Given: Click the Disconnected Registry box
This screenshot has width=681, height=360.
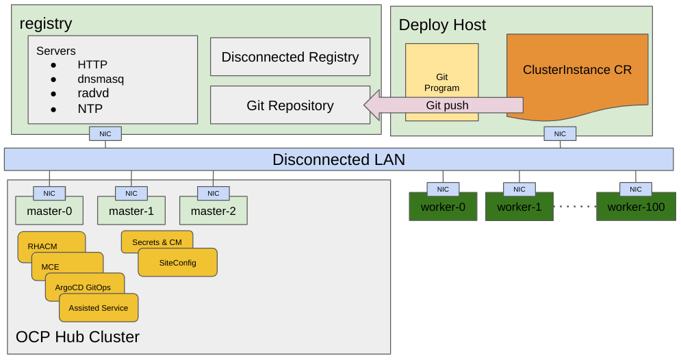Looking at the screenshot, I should click(290, 57).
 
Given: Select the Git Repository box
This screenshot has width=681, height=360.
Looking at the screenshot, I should click(290, 105).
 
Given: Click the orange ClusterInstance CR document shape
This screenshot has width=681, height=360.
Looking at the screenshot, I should click(577, 70).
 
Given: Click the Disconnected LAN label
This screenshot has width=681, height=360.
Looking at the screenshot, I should click(339, 159).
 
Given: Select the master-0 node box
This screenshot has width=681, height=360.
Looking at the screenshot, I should click(49, 211).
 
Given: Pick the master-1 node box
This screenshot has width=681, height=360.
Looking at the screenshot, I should click(131, 211).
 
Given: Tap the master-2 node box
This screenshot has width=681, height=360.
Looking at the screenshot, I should click(213, 211).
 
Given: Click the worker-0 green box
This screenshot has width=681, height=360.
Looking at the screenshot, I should click(443, 207).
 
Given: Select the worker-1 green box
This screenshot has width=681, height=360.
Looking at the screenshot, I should click(519, 207).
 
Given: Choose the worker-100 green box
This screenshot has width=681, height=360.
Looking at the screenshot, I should click(636, 207).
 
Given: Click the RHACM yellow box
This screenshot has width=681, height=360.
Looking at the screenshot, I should click(42, 246).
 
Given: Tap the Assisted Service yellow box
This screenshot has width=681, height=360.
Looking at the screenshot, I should click(99, 308).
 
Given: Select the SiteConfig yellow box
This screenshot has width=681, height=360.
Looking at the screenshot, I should click(177, 263).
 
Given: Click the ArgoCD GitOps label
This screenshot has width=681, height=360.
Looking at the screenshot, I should click(83, 287).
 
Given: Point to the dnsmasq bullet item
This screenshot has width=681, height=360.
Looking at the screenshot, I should click(101, 79).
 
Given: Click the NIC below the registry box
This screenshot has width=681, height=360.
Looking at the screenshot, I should click(105, 134).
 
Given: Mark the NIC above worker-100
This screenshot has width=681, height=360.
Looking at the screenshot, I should click(635, 190).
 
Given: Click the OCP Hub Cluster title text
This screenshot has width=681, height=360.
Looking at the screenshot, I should click(77, 337).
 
